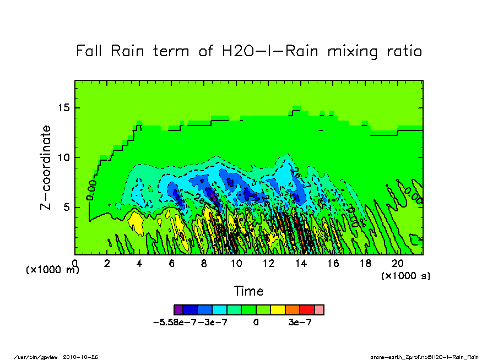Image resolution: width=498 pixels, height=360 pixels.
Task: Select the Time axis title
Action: [248, 291]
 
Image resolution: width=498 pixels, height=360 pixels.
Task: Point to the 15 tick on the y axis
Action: [64, 107]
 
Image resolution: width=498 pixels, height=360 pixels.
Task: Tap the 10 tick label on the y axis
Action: [64, 157]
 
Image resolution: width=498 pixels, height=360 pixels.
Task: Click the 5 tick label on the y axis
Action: [67, 208]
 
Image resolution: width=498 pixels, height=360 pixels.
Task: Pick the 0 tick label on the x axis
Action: [75, 264]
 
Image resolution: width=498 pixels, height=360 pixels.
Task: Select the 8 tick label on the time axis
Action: [204, 264]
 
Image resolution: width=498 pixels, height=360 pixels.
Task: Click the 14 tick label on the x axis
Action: [301, 264]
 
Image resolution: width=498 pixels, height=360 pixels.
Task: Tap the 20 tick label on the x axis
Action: [398, 264]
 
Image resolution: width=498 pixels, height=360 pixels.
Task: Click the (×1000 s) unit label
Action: [405, 275]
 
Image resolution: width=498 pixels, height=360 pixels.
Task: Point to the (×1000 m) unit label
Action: [50, 270]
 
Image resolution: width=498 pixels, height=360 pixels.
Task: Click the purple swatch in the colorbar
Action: [178, 310]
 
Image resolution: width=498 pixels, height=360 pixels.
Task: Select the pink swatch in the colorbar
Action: [319, 310]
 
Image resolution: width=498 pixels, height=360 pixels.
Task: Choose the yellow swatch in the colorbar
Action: [277, 310]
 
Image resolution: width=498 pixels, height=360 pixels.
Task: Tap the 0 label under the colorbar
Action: [256, 323]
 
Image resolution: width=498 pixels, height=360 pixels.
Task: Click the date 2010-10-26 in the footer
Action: [84, 357]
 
